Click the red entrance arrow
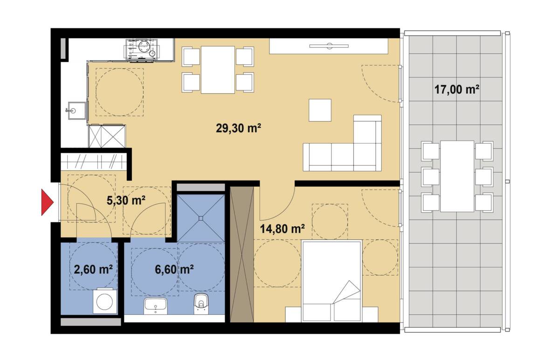click(47, 202)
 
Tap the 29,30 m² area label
click(238, 128)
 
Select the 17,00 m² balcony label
click(457, 90)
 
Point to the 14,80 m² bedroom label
click(282, 229)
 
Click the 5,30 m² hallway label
click(126, 201)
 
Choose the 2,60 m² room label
click(93, 269)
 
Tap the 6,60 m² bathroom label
click(174, 269)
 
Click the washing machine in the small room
click(105, 301)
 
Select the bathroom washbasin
click(155, 306)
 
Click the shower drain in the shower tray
click(201, 218)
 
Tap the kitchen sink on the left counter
click(76, 111)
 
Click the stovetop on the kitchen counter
click(141, 50)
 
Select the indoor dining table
click(218, 70)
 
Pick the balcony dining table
click(457, 176)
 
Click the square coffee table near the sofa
click(320, 110)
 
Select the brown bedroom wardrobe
click(242, 254)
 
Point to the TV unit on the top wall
click(329, 46)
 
